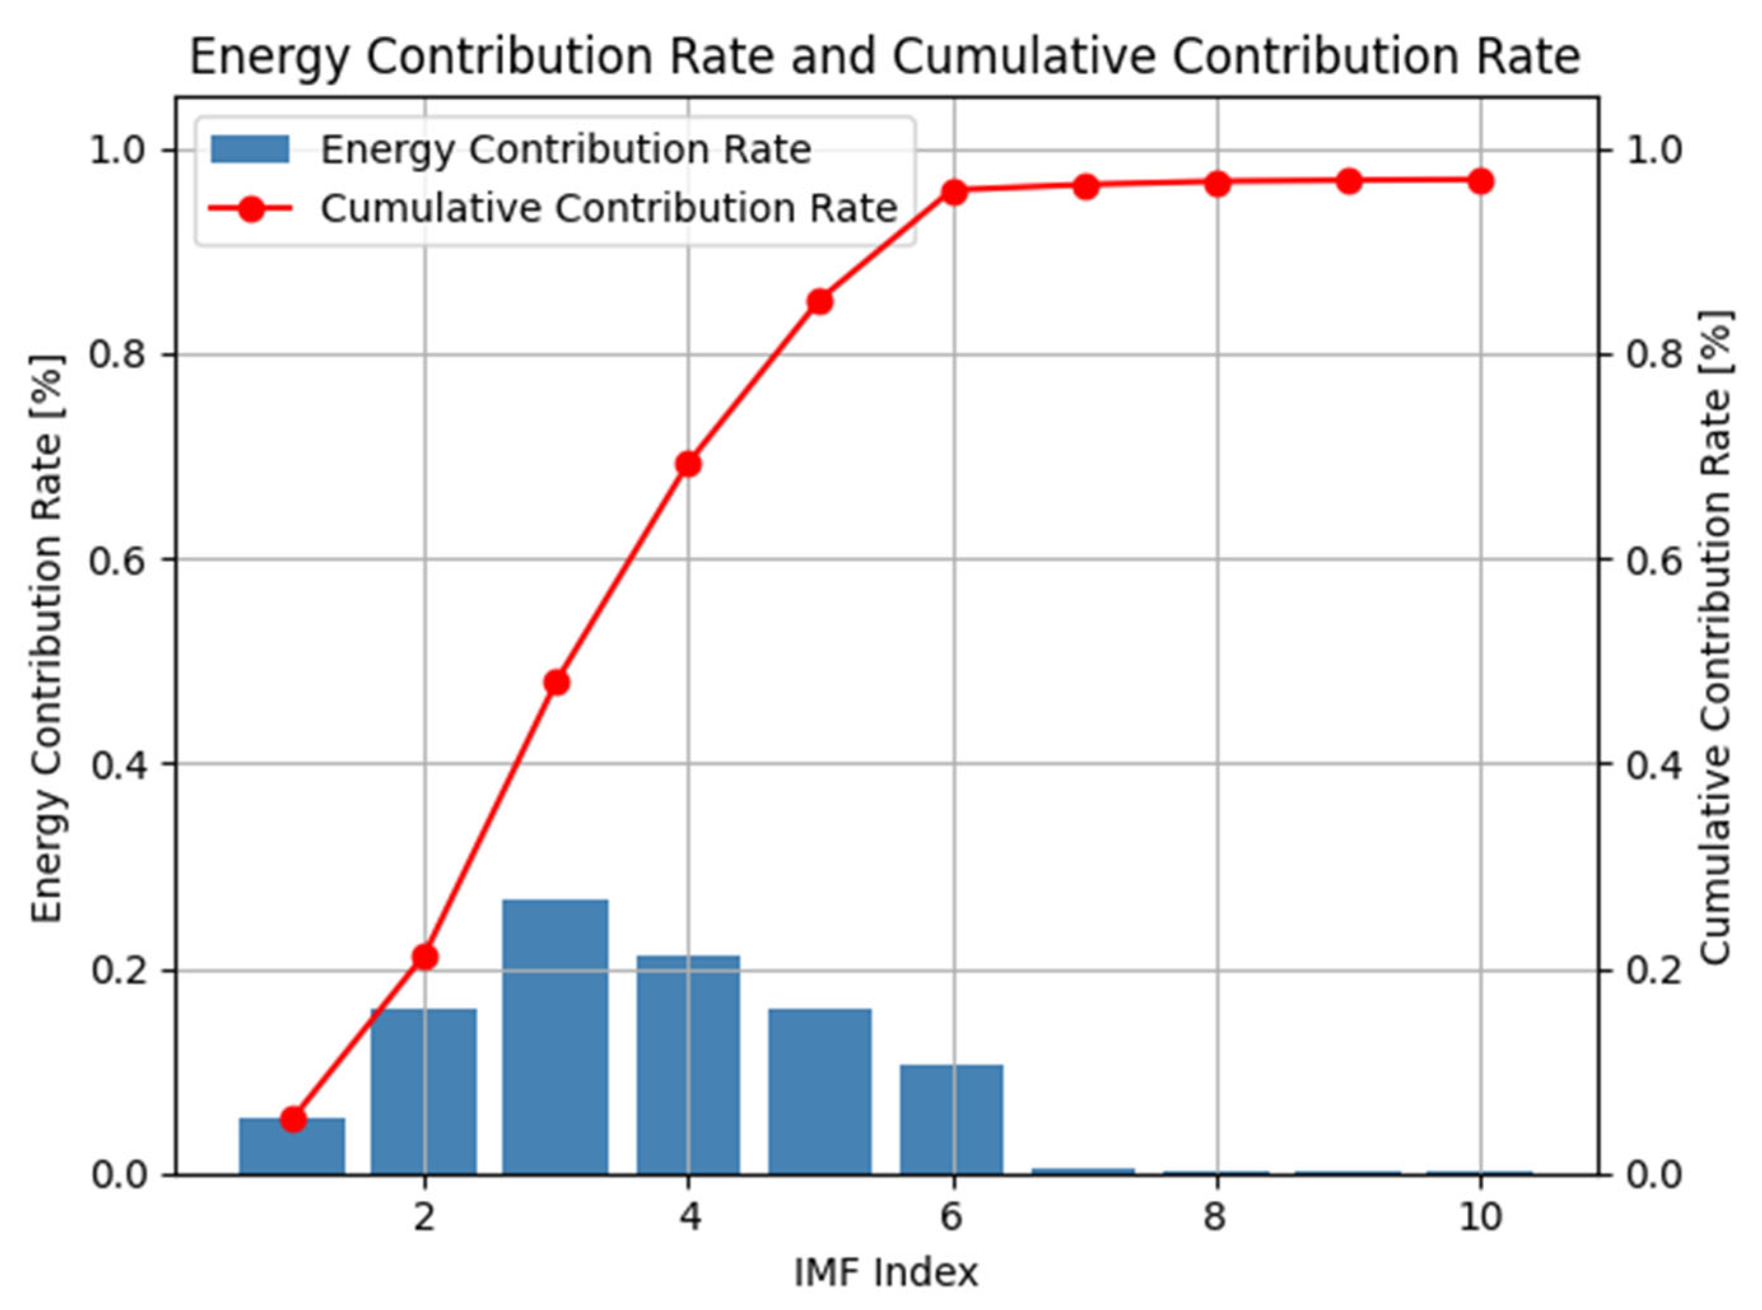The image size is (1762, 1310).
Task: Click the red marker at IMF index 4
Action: pos(688,464)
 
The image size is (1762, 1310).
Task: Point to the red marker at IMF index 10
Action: pos(1479,181)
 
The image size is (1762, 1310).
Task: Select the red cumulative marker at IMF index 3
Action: pos(557,682)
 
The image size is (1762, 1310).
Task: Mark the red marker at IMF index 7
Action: pos(1086,187)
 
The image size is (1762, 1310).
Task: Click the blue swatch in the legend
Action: pos(250,149)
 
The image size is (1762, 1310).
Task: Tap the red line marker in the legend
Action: pos(251,209)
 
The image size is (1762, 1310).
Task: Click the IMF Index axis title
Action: pos(886,1272)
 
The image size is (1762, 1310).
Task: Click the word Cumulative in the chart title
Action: pos(1024,57)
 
